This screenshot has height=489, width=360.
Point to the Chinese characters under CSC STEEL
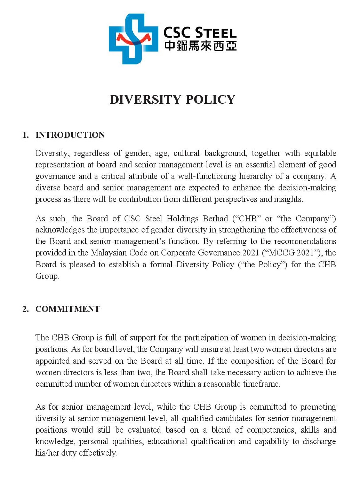pyautogui.click(x=200, y=46)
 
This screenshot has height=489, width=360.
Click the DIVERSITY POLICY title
pyautogui.click(x=173, y=100)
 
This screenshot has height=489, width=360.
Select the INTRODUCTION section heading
pyautogui.click(x=70, y=135)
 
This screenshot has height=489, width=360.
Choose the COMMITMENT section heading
pyautogui.click(x=67, y=309)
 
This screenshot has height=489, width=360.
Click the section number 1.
pyautogui.click(x=25, y=135)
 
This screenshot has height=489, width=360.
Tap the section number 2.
pyautogui.click(x=25, y=309)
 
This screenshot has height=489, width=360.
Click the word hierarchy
pyautogui.click(x=255, y=176)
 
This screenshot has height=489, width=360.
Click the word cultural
pyautogui.click(x=186, y=153)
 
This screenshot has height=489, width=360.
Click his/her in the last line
pyautogui.click(x=47, y=453)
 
